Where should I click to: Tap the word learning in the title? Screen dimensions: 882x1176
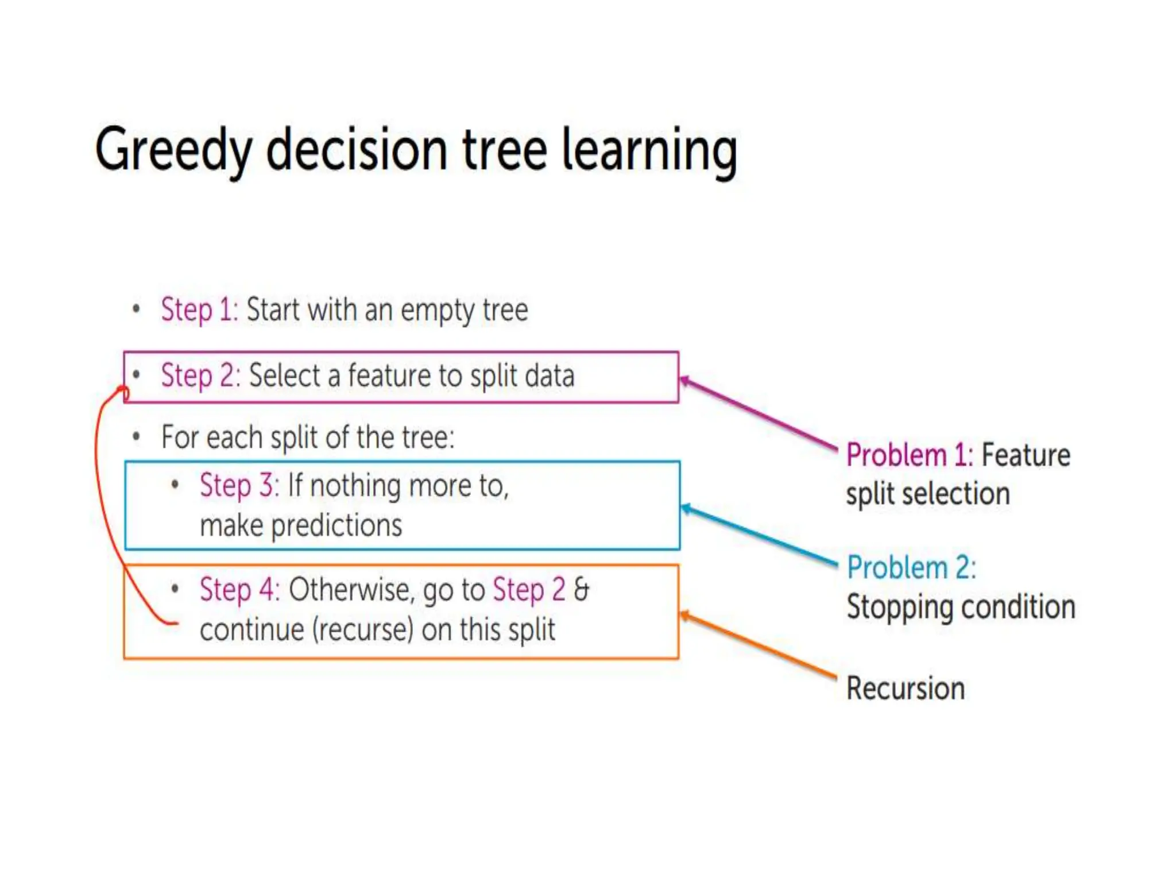pyautogui.click(x=649, y=150)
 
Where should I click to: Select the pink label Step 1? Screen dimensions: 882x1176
pyautogui.click(x=199, y=310)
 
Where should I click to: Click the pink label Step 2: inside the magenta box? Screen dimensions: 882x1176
pyautogui.click(x=200, y=376)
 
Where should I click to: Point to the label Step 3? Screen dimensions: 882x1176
pyautogui.click(x=239, y=486)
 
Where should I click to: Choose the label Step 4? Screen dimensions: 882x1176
pyautogui.click(x=239, y=590)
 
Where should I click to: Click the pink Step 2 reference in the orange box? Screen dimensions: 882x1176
pyautogui.click(x=529, y=590)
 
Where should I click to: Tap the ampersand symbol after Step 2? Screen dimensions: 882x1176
pyautogui.click(x=581, y=590)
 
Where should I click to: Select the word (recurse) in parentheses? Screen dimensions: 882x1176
pyautogui.click(x=363, y=630)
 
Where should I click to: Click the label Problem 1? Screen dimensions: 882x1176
pyautogui.click(x=910, y=456)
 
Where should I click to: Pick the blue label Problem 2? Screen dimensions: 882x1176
pyautogui.click(x=911, y=568)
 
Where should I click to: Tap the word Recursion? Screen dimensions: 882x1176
pyautogui.click(x=906, y=689)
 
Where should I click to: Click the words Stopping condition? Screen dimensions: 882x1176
pyautogui.click(x=961, y=608)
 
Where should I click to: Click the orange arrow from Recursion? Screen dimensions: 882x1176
pyautogui.click(x=758, y=646)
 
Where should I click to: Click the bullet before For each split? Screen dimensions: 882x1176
pyautogui.click(x=136, y=438)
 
